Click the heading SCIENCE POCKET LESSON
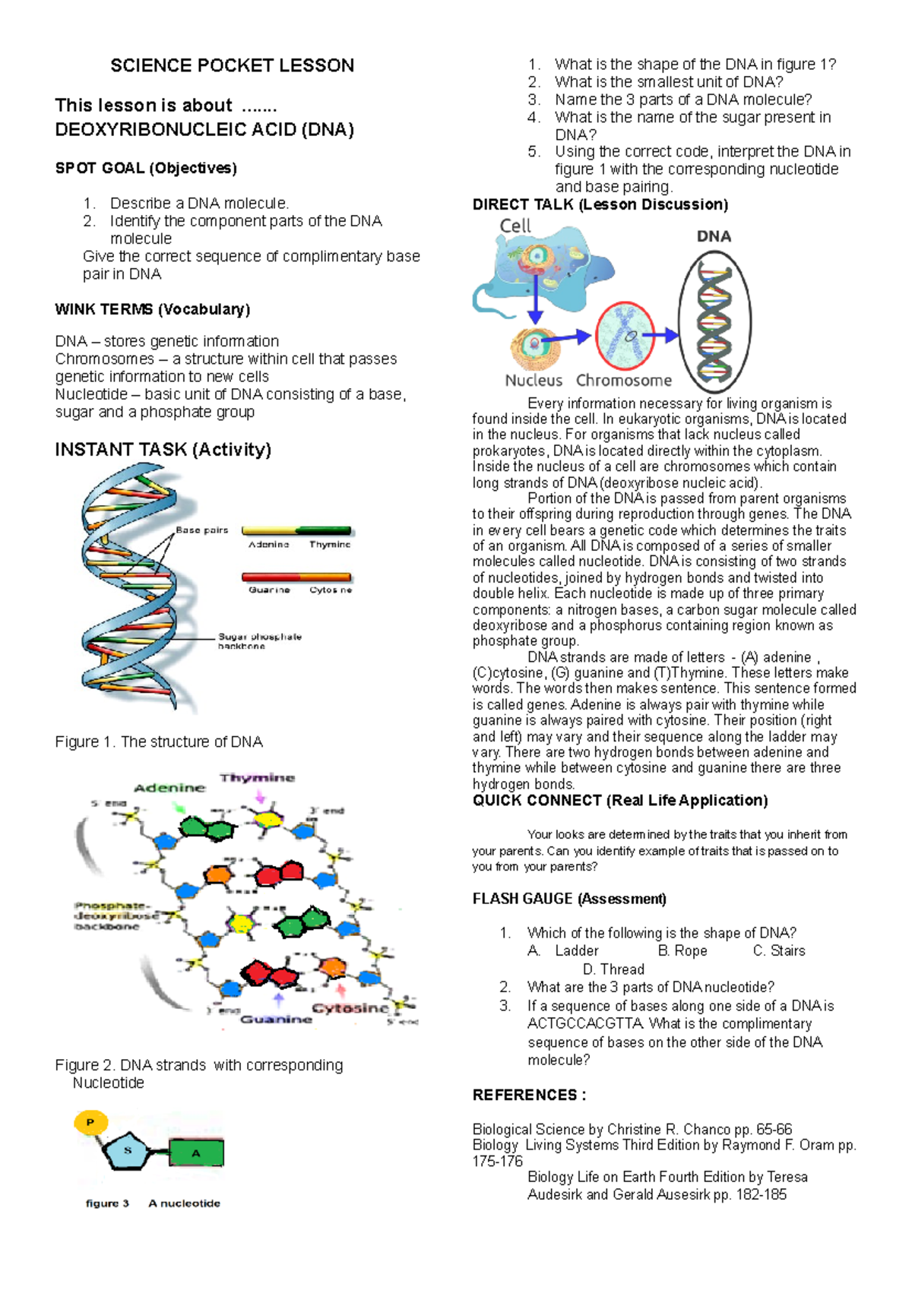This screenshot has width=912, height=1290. (232, 66)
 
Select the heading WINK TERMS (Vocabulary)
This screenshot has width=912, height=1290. (152, 309)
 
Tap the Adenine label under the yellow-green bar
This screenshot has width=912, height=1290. (268, 545)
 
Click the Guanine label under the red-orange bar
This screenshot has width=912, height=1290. (269, 590)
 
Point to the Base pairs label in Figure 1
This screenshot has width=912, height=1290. (201, 530)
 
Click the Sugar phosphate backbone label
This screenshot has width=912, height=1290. (259, 641)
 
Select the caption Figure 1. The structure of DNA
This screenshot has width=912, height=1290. (159, 741)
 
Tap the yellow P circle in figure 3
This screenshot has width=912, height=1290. (90, 1122)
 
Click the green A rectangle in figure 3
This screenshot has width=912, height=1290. (196, 1153)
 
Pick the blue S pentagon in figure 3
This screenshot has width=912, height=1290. (128, 1151)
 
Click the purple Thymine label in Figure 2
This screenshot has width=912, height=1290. (257, 778)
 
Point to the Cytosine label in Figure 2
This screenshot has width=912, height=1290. (350, 1008)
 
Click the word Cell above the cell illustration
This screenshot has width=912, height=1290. (515, 226)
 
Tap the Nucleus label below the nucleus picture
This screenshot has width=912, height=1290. (534, 381)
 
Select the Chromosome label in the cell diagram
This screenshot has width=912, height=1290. (624, 381)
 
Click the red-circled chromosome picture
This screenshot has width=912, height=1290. (625, 335)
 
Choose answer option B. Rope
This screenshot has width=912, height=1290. (682, 951)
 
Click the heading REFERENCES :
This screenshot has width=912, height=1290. (529, 1096)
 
